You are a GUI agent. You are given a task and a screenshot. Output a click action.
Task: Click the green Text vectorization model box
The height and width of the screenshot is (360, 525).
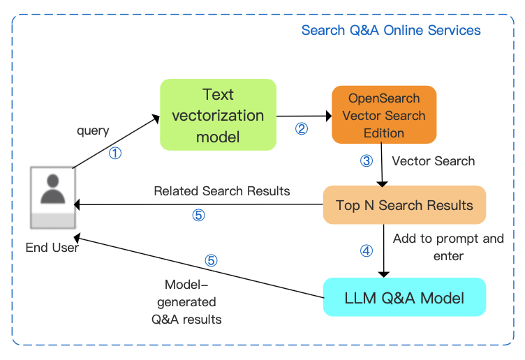point(218,114)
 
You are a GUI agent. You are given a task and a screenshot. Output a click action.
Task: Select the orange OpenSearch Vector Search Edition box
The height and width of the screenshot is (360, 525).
point(383,114)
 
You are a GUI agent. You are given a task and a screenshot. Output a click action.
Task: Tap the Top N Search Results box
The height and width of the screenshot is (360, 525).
point(404,205)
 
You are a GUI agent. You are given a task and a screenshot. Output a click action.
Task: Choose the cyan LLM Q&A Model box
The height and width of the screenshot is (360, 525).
point(404,299)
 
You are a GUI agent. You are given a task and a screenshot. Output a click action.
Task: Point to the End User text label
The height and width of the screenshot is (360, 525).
point(52,247)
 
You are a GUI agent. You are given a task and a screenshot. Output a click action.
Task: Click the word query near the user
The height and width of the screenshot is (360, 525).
point(93,130)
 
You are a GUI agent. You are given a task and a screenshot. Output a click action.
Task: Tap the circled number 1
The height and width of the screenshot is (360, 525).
point(115,153)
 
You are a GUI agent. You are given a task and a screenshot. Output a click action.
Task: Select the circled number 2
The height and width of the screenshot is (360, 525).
point(302,129)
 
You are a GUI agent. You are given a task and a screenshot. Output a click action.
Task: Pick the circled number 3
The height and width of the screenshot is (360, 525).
point(367,161)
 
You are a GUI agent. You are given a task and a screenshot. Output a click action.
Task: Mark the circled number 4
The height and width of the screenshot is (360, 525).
point(366,249)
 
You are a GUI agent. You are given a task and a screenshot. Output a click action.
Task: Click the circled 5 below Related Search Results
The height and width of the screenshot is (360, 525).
point(198,215)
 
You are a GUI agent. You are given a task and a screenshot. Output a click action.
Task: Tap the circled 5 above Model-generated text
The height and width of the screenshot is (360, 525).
point(211,261)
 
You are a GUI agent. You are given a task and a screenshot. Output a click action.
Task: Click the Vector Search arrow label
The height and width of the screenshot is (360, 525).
point(433,161)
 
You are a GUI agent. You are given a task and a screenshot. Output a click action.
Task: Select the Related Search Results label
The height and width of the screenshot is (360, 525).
point(222,190)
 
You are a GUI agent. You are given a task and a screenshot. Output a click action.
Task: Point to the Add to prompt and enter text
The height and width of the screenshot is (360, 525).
point(448,247)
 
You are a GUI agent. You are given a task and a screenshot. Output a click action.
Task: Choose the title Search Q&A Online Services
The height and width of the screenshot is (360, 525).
point(391,31)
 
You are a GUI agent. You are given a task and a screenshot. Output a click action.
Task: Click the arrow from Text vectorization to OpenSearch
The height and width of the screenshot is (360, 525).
point(303,115)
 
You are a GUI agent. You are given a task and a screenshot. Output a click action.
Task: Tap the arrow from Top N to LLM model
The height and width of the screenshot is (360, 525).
point(383,250)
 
